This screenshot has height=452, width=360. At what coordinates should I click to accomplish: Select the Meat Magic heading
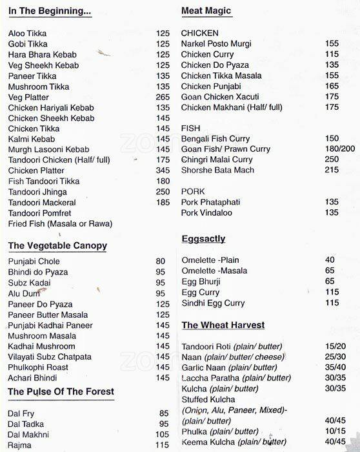pyautogui.click(x=206, y=12)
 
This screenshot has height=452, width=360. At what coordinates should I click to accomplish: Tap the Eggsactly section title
pyautogui.click(x=203, y=239)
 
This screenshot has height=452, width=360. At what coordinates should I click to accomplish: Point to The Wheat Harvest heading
pyautogui.click(x=223, y=325)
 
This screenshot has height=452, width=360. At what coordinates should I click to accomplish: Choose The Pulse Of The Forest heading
pyautogui.click(x=61, y=391)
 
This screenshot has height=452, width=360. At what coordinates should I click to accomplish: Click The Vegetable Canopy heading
pyautogui.click(x=57, y=246)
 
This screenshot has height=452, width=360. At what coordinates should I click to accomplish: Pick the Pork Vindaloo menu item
pyautogui.click(x=206, y=212)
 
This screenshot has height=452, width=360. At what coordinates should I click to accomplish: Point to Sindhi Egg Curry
pyautogui.click(x=213, y=303)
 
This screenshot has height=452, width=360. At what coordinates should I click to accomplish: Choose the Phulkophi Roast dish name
pyautogui.click(x=38, y=367)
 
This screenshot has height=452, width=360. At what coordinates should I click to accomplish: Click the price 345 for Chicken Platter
pyautogui.click(x=163, y=170)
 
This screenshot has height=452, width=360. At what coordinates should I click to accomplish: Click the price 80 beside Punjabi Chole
pyautogui.click(x=161, y=262)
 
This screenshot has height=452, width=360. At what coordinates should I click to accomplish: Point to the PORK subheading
pyautogui.click(x=192, y=192)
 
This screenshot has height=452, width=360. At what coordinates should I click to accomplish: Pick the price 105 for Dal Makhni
pyautogui.click(x=163, y=435)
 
